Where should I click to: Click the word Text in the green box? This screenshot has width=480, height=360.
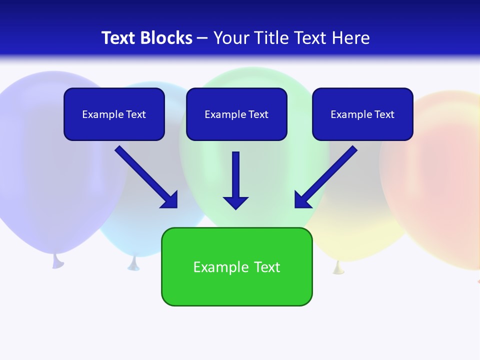click(x=267, y=267)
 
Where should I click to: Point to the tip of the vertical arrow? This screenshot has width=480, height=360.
click(x=235, y=208)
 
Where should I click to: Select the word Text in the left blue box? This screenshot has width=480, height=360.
click(x=135, y=114)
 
